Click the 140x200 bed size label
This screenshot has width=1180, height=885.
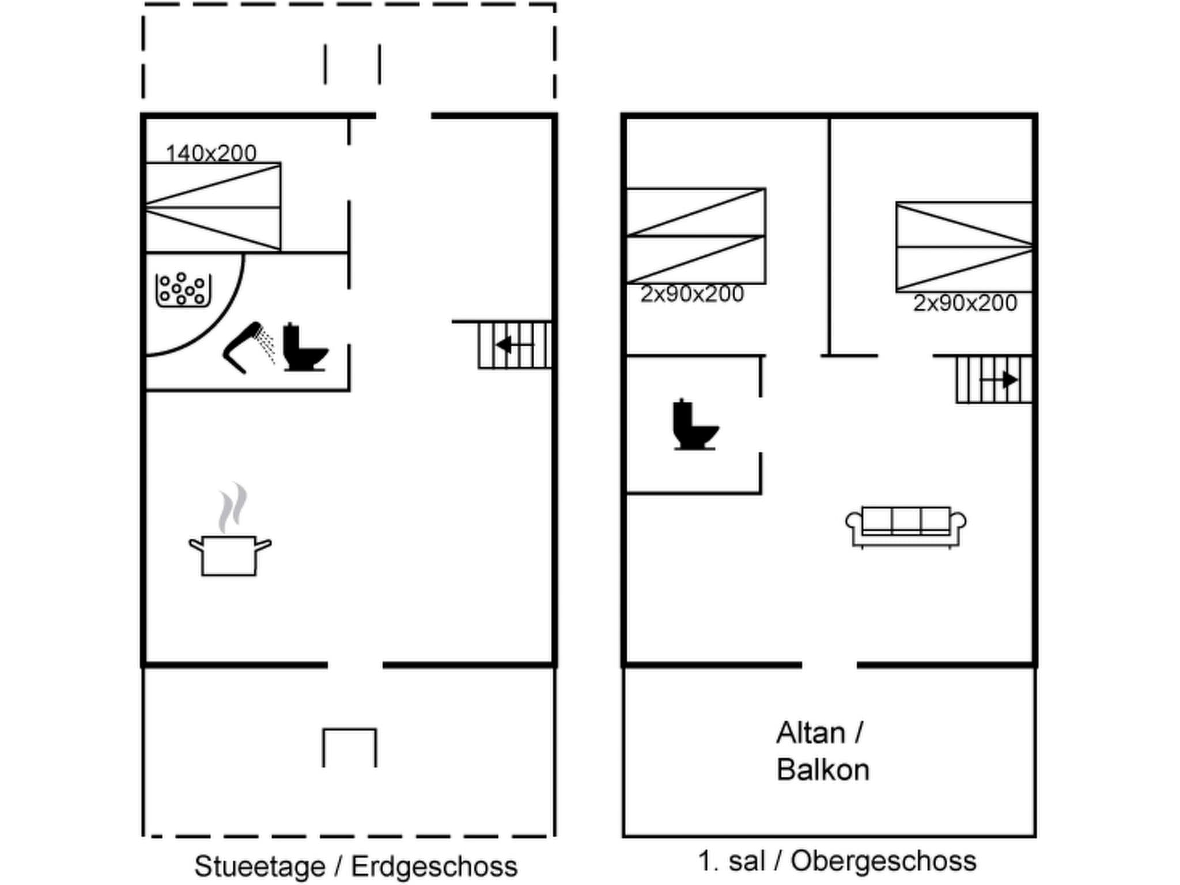211,153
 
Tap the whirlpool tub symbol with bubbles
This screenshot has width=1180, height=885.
183,290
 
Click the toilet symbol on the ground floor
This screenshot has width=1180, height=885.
304,348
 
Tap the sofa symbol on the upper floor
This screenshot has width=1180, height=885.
906,526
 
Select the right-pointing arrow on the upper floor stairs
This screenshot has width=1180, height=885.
1000,380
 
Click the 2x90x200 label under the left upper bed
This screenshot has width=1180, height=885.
692,294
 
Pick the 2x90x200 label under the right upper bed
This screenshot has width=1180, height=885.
965,303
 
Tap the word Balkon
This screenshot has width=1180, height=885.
823,770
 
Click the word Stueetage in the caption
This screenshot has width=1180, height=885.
260,866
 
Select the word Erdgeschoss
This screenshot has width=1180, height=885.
434,866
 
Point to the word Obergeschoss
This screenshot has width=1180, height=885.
883,861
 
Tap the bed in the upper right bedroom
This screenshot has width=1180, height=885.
964,247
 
